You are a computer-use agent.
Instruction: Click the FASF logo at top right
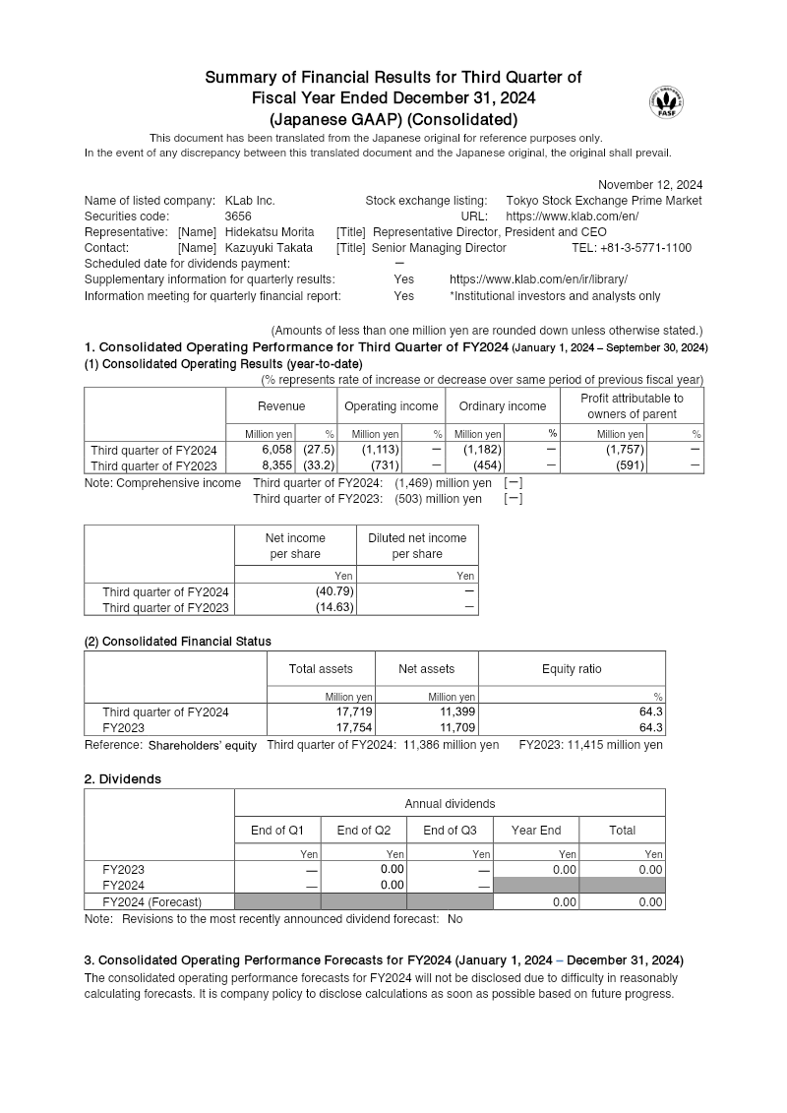pyautogui.click(x=666, y=101)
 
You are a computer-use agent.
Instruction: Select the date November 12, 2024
pyautogui.click(x=650, y=184)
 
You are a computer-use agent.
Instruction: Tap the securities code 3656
pyautogui.click(x=238, y=216)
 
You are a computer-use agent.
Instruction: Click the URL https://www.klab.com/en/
pyautogui.click(x=572, y=216)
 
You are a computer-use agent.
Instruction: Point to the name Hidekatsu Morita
pyautogui.click(x=270, y=232)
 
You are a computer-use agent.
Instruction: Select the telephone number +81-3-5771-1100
pyautogui.click(x=648, y=248)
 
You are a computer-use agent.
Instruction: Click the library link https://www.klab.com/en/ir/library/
pyautogui.click(x=538, y=279)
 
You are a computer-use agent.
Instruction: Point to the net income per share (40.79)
pyautogui.click(x=333, y=591)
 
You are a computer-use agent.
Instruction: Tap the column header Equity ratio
pyautogui.click(x=572, y=669)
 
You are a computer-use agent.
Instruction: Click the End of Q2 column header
pyautogui.click(x=363, y=830)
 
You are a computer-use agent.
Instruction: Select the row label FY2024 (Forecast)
pyautogui.click(x=151, y=901)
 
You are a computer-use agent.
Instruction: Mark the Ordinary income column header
pyautogui.click(x=502, y=406)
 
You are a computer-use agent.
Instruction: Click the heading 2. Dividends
pyautogui.click(x=123, y=778)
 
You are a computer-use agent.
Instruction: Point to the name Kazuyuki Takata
pyautogui.click(x=269, y=248)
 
